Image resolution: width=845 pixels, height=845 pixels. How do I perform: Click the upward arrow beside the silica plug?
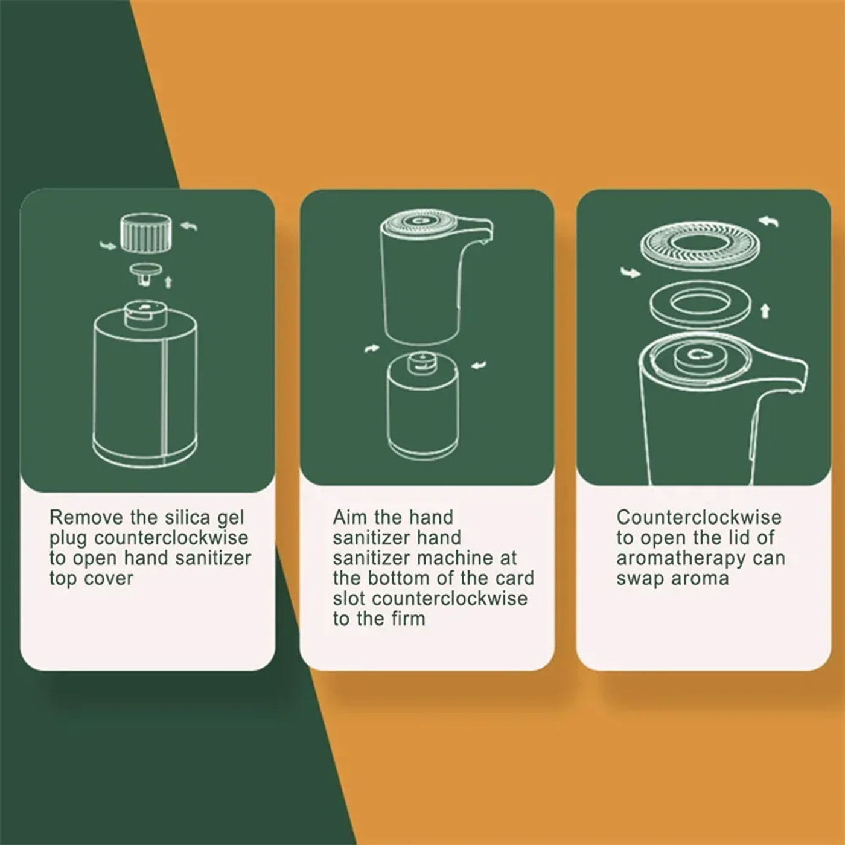(168, 281)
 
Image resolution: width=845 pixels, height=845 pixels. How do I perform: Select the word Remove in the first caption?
(86, 517)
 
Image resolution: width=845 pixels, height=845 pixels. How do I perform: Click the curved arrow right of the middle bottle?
(479, 365)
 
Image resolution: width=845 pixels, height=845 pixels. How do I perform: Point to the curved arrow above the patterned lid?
(770, 221)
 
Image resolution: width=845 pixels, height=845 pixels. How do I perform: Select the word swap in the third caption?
(640, 578)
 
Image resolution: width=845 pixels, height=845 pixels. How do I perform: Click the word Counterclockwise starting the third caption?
(699, 517)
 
